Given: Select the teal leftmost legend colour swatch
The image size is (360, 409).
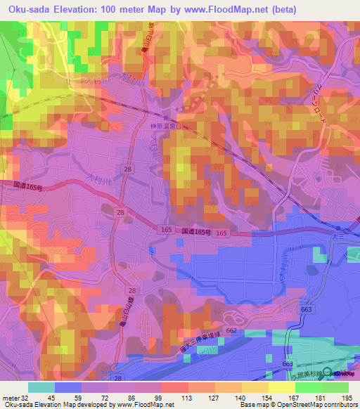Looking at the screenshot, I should pos(41,387).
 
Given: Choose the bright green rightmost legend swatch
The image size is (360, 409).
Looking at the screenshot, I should pos(335,387).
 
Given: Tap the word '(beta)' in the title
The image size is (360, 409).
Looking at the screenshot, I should pos(281,10).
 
